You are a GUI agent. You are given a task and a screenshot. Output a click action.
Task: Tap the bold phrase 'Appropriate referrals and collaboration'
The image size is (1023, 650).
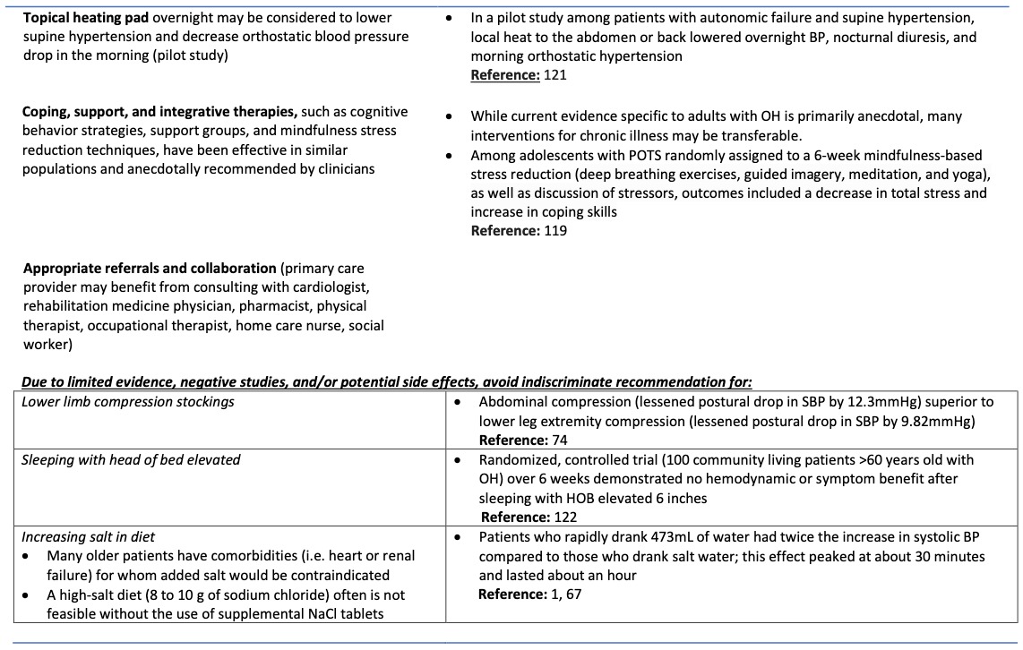(x=150, y=268)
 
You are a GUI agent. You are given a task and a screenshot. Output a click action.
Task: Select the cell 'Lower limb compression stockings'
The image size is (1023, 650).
(x=128, y=402)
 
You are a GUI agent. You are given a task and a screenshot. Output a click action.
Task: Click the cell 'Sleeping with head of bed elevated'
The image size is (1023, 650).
(x=131, y=459)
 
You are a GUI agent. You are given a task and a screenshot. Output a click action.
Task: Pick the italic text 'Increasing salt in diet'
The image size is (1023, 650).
(x=88, y=536)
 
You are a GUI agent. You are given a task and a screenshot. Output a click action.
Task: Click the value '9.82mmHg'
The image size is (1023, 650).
(x=931, y=421)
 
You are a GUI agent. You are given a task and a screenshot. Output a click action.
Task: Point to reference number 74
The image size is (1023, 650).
(x=560, y=440)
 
